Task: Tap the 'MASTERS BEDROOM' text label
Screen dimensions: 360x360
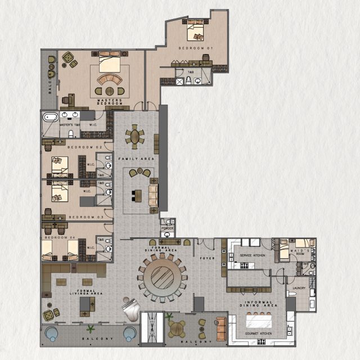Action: click(110, 102)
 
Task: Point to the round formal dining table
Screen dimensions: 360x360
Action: click(163, 276)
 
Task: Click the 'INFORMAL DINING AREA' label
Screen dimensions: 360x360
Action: click(259, 304)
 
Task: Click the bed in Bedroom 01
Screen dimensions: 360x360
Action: click(196, 32)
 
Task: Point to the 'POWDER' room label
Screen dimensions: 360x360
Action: click(167, 228)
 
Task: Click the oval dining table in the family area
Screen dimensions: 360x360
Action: click(135, 137)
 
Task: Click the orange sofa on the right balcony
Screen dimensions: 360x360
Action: click(220, 326)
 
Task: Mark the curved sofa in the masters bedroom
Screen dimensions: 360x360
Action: click(109, 79)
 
